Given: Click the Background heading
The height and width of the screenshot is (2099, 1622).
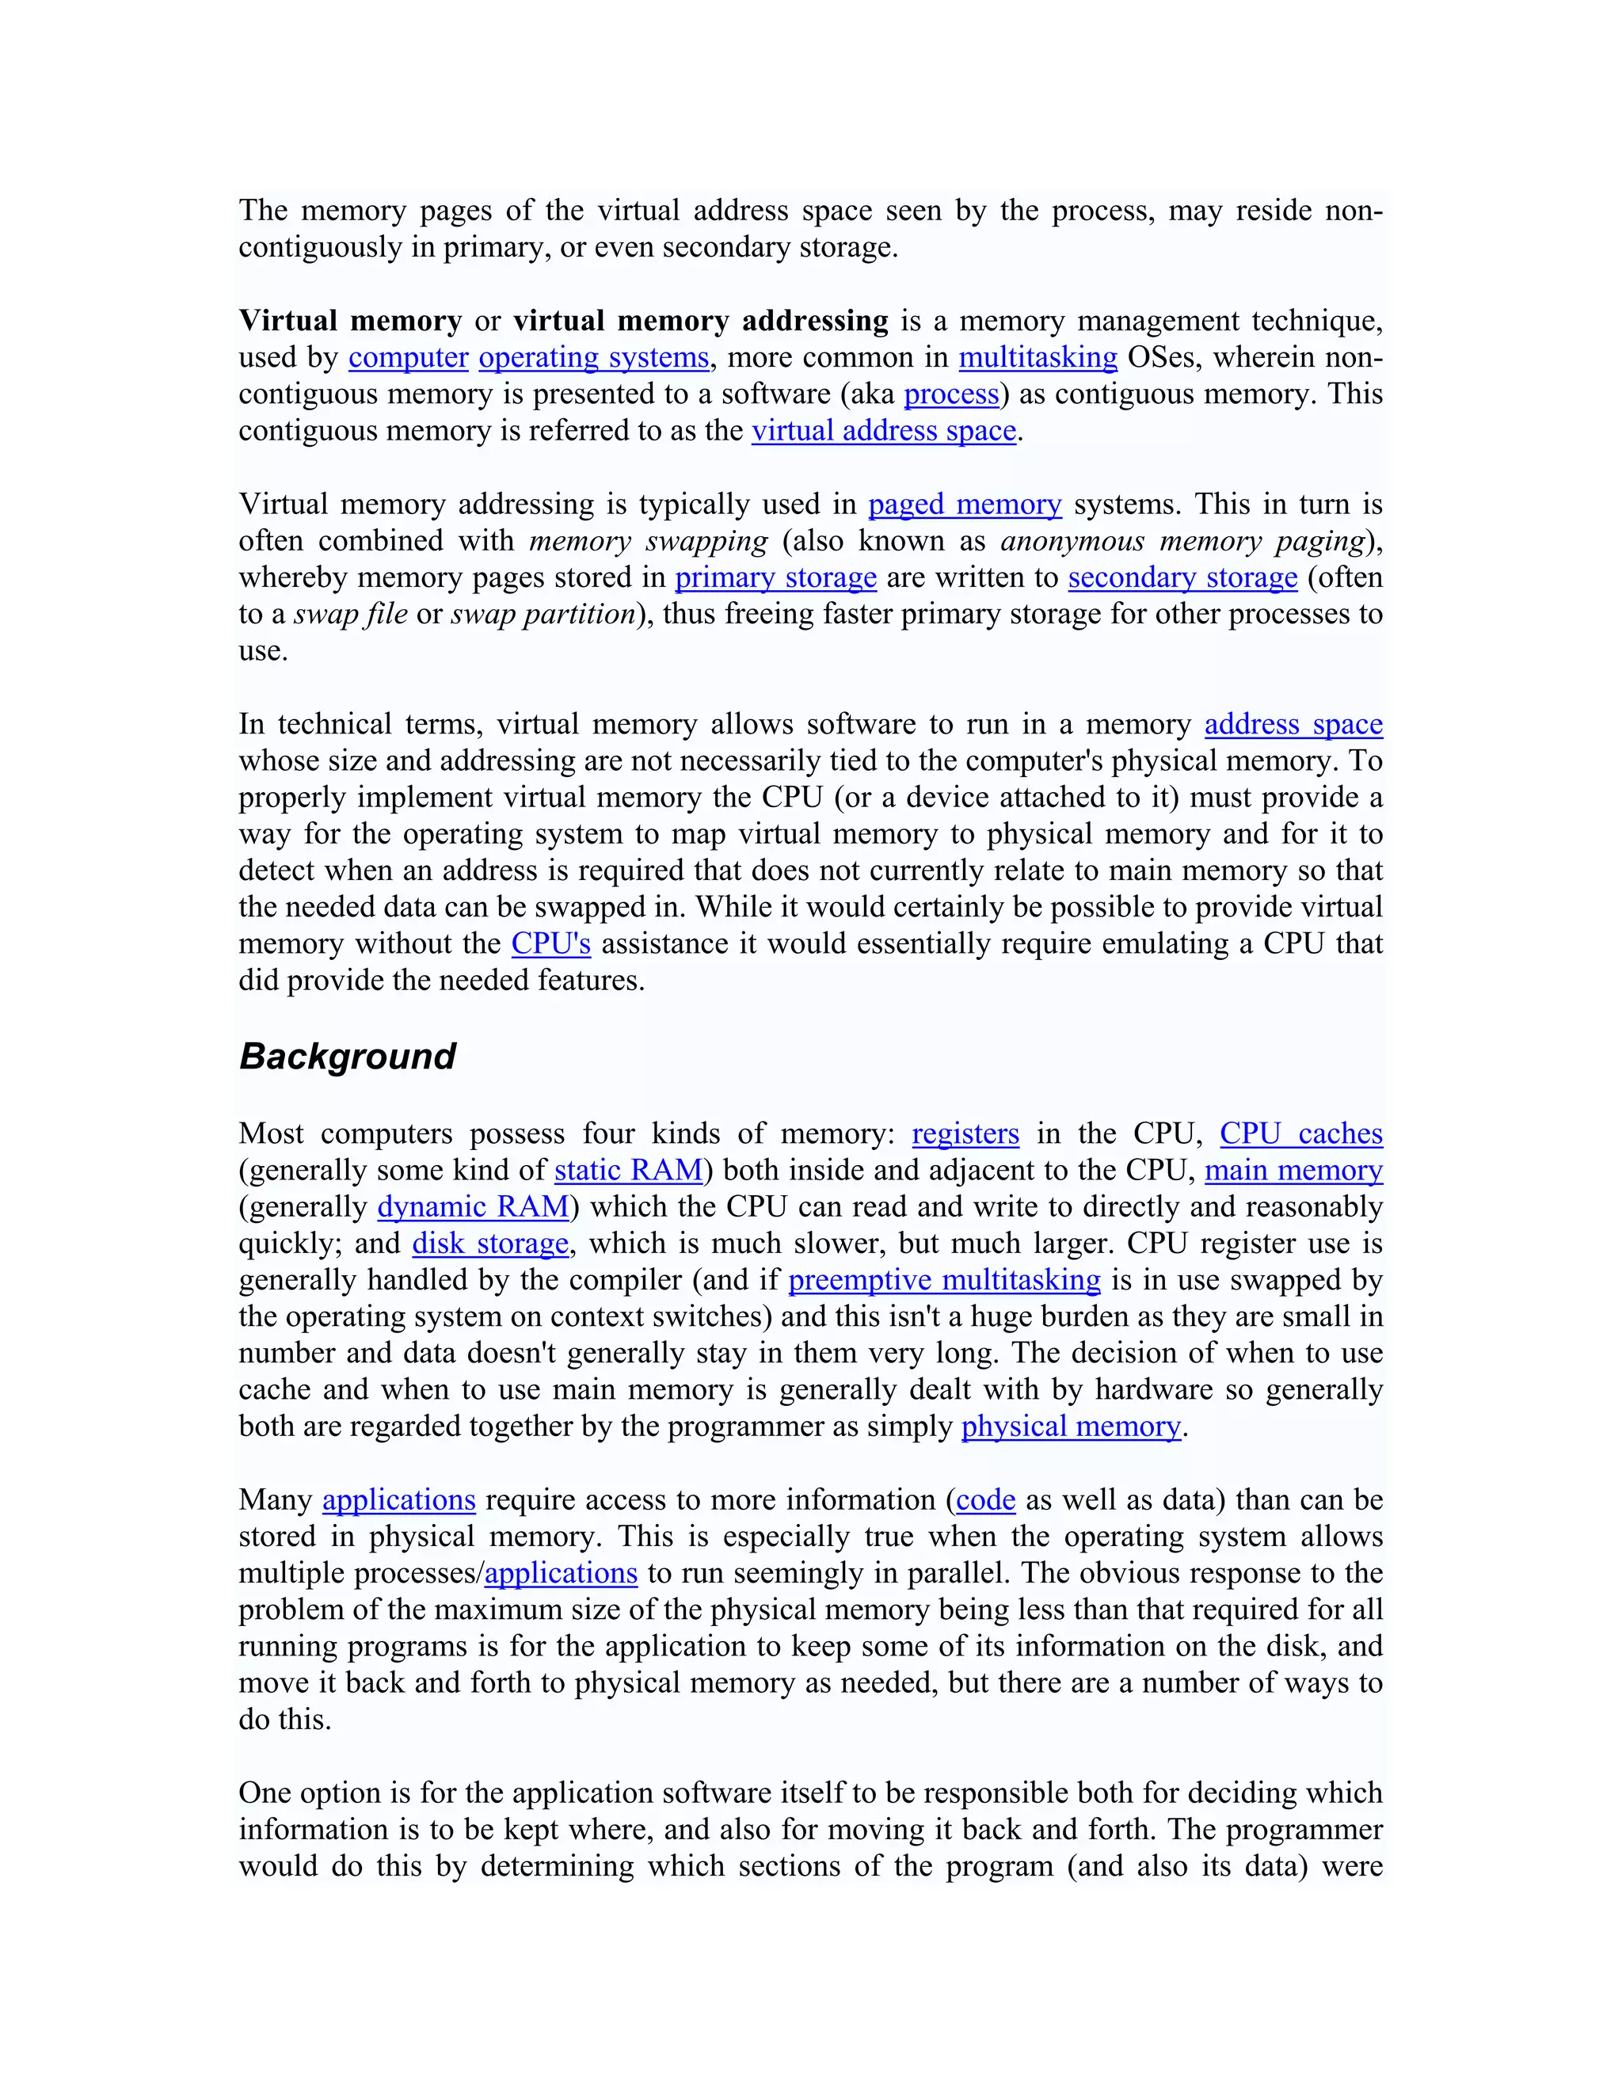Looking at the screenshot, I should point(347,1056).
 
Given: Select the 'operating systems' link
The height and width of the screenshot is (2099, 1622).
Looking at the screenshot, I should point(593,357).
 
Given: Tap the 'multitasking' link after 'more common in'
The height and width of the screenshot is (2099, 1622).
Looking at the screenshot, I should point(1038,357).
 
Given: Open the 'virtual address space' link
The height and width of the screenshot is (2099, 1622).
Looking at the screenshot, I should point(883,431).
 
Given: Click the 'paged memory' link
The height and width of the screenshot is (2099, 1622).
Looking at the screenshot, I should point(964,505).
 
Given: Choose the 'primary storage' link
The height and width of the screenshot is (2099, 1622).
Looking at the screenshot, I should point(775,577).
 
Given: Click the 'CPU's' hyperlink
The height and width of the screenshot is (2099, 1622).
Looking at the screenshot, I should point(550,944).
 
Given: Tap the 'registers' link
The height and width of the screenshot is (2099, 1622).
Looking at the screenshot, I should point(965,1134).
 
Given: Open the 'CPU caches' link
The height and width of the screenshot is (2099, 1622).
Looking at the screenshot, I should point(1300,1134).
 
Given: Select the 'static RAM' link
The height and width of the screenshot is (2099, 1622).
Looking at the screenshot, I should point(628,1171).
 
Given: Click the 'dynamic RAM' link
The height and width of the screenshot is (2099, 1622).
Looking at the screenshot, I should point(474,1207).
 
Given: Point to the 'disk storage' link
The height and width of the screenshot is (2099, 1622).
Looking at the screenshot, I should point(490,1244).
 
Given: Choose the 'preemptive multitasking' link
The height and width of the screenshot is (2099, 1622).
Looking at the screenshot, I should point(943,1280).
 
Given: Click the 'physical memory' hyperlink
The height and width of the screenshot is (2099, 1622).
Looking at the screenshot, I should point(1071,1427).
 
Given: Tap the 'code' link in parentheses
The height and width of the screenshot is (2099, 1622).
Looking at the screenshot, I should point(985,1500).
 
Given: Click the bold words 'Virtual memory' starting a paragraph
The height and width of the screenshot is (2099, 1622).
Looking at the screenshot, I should point(350,321).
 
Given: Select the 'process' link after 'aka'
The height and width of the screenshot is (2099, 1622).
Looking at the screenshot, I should point(951,394).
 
